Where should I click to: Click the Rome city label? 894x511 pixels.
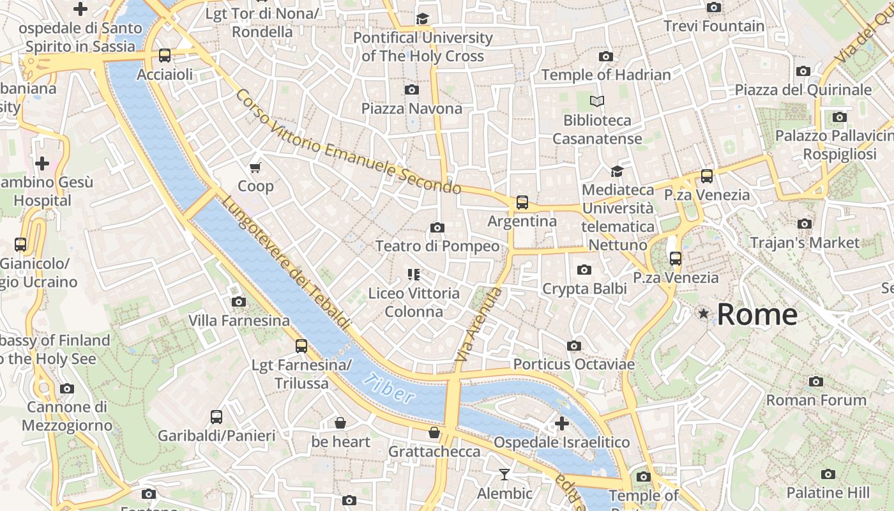coord(757,315)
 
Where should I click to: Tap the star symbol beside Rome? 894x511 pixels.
coord(704,314)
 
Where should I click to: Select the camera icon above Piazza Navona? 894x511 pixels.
coord(412,89)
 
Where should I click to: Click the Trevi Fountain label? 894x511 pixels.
coord(713,26)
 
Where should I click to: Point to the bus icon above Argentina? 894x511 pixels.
coord(522,202)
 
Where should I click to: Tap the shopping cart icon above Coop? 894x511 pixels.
coord(255,167)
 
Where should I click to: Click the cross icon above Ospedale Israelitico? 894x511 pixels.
coord(562,423)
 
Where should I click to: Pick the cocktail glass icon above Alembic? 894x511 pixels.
coord(504,475)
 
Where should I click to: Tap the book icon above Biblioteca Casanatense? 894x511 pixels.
coord(597,102)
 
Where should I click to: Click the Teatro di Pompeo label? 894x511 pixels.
coord(437,246)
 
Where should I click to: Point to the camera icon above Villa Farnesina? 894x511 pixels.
coord(239,301)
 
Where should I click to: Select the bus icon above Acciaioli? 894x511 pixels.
coord(165,56)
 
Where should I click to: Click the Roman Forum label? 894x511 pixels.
coord(816,400)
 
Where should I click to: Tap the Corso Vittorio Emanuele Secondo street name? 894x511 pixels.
coord(348,142)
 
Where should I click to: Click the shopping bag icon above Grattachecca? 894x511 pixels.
coord(434,433)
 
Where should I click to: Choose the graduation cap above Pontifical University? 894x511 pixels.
coord(422,19)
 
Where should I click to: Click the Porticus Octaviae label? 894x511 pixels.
coord(574,364)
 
